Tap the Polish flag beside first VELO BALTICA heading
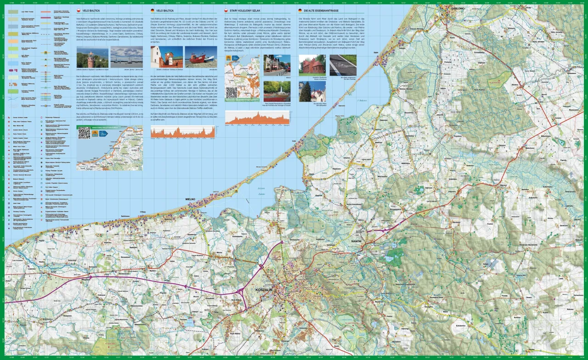pyautogui.click(x=79, y=10)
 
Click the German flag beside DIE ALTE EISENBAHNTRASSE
pyautogui.click(x=300, y=10)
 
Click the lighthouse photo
pyautogui.click(x=92, y=56)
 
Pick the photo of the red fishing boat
pyautogui.click(x=201, y=56)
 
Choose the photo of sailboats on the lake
pyautogui.click(x=126, y=56)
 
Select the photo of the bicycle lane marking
pyautogui.click(x=343, y=65)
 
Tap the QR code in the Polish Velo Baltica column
pyautogui.click(x=84, y=133)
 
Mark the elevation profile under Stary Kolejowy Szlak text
pyautogui.click(x=257, y=118)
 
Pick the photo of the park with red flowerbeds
pyautogui.click(x=277, y=91)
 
